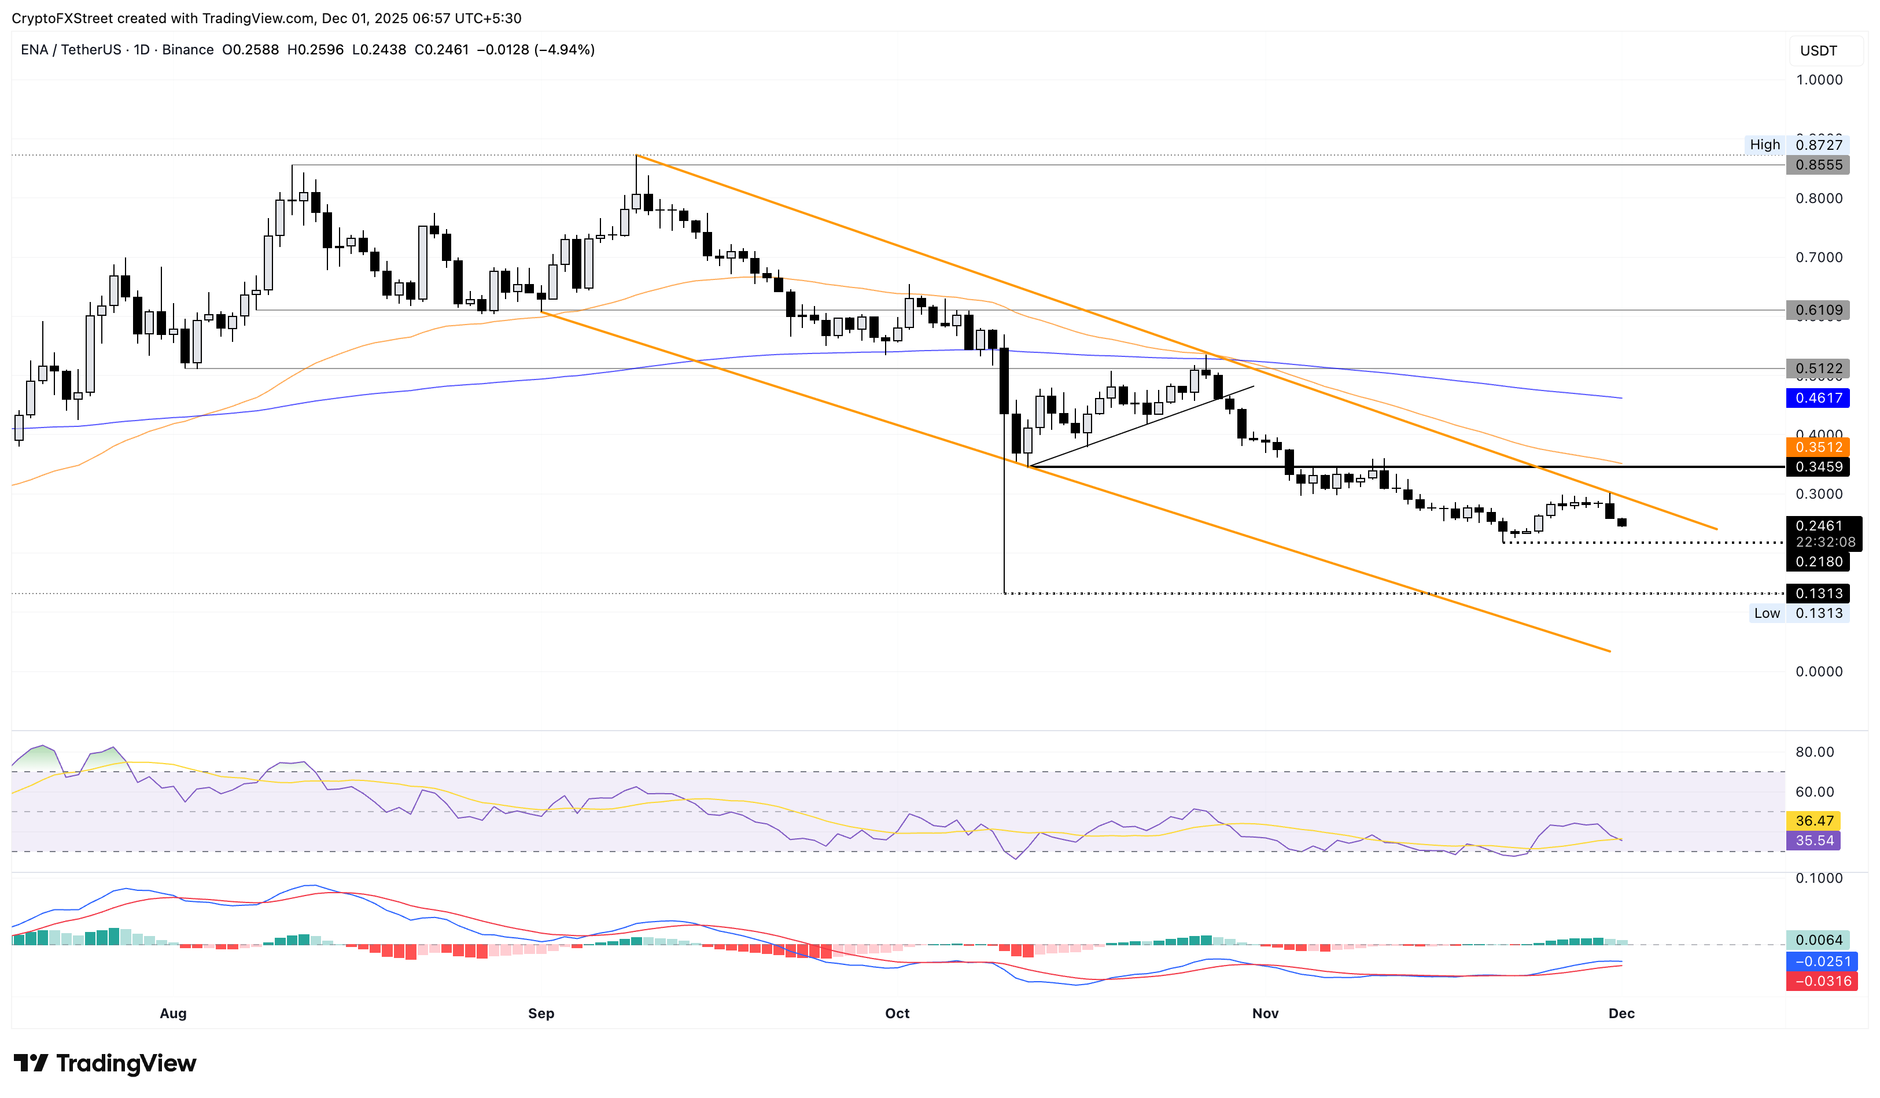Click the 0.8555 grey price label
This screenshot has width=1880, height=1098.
[x=1818, y=165]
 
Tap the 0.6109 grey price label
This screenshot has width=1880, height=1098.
[x=1818, y=309]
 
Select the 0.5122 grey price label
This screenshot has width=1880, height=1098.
[x=1818, y=368]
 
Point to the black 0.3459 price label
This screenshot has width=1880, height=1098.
[x=1818, y=467]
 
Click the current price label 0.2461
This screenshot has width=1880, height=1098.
[x=1818, y=526]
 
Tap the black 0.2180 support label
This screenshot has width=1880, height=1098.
[x=1818, y=562]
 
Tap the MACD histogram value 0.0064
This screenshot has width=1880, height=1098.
[x=1818, y=940]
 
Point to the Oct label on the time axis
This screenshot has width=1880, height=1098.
[x=897, y=1013]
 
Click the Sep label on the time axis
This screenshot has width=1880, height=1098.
[x=541, y=1013]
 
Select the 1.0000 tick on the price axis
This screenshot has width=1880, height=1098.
[x=1818, y=80]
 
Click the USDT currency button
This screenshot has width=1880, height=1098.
[x=1818, y=51]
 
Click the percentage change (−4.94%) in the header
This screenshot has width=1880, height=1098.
[x=565, y=50]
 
